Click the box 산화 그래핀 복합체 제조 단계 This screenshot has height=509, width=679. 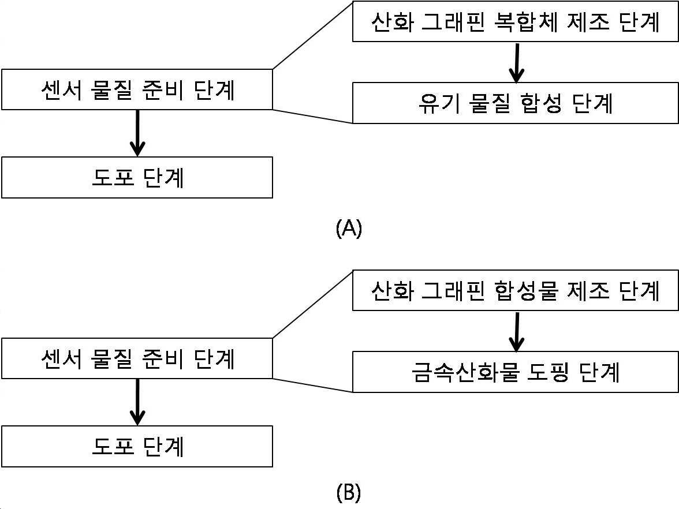[515, 22]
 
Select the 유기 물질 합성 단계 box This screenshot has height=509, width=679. [515, 103]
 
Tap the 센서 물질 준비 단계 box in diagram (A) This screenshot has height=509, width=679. [137, 89]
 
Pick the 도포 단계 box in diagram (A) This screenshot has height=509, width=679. [137, 178]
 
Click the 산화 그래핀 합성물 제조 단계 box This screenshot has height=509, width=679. [515, 290]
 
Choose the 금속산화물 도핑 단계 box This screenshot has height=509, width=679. [515, 372]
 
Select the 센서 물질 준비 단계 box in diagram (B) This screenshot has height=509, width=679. [137, 358]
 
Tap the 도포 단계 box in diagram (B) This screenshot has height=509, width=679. [137, 446]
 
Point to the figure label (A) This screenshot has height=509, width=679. [349, 227]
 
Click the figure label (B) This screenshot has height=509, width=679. [349, 492]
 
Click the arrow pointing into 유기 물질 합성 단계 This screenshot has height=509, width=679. [517, 62]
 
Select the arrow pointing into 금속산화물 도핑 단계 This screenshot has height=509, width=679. [517, 331]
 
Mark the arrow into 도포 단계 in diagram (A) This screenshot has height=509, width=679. [137, 133]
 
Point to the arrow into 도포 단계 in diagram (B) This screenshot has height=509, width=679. [137, 402]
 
